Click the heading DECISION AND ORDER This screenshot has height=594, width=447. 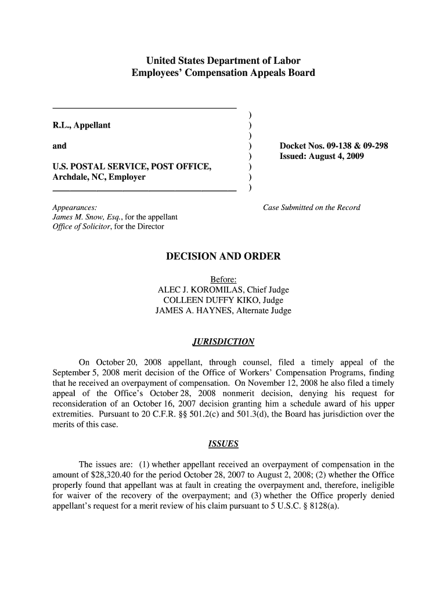point(223,256)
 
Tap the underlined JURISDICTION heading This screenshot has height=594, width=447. point(223,342)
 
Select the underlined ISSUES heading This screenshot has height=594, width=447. point(223,444)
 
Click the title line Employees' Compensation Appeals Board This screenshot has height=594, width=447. point(223,73)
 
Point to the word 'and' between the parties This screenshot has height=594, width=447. point(59,146)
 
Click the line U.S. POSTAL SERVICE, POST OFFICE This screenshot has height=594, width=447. point(131,167)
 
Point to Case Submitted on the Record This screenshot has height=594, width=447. point(312,208)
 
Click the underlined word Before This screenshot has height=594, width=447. point(223,280)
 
